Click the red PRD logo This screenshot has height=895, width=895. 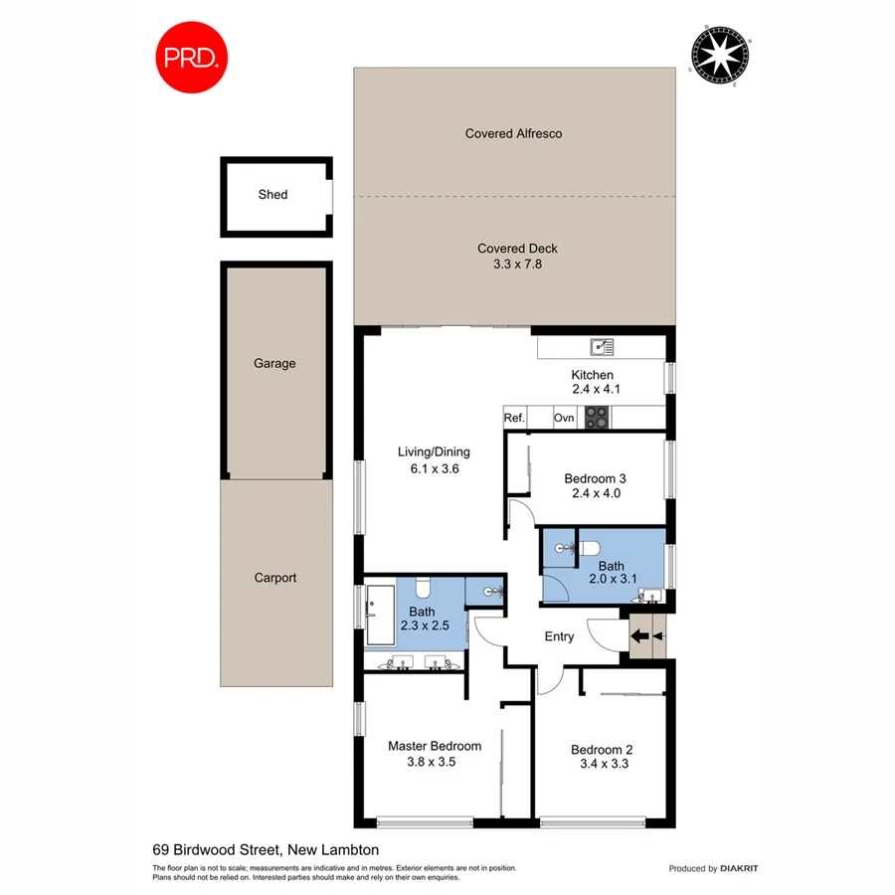(192, 58)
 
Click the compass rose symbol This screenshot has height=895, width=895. (720, 57)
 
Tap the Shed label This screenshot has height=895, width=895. (272, 195)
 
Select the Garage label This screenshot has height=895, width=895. (274, 364)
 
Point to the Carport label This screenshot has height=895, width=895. (275, 578)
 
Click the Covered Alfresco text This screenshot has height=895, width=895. (513, 133)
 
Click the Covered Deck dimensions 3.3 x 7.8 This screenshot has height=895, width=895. (517, 265)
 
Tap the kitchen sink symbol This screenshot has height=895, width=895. (602, 347)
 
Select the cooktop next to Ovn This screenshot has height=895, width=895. (596, 419)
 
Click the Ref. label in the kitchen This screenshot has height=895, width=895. (514, 419)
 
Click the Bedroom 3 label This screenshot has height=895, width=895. (595, 478)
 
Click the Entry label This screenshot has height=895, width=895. (559, 636)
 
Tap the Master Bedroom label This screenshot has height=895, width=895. (435, 746)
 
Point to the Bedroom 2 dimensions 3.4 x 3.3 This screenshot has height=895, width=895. (604, 765)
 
